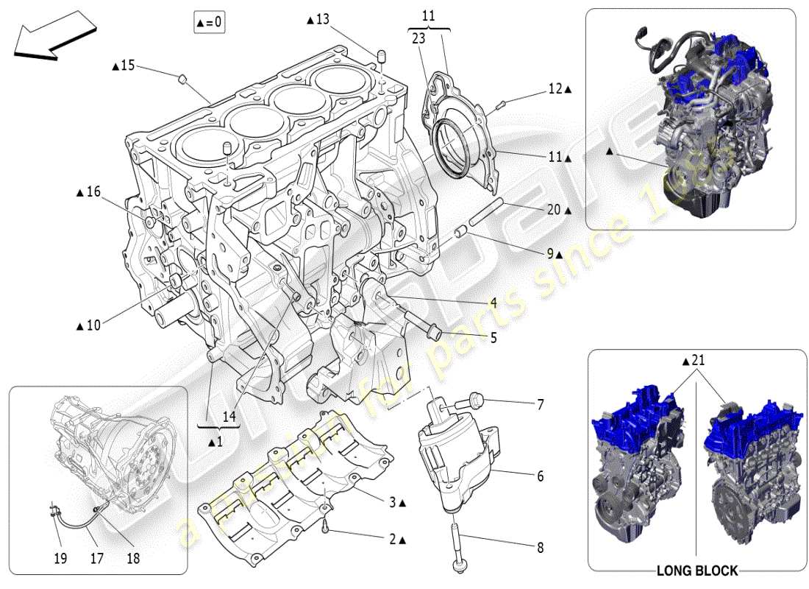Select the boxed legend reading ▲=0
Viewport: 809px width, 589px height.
coord(209,23)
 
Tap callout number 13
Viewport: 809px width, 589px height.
coord(321,19)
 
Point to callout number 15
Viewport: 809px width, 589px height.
coord(126,66)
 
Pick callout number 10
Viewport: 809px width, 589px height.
coord(92,324)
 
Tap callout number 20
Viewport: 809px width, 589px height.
coord(554,210)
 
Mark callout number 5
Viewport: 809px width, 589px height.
coord(493,338)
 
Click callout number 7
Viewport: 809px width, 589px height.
coord(540,404)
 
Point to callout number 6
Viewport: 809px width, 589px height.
coord(540,476)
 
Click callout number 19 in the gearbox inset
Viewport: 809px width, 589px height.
coord(60,559)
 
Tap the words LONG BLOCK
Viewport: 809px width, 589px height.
coord(697,571)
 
